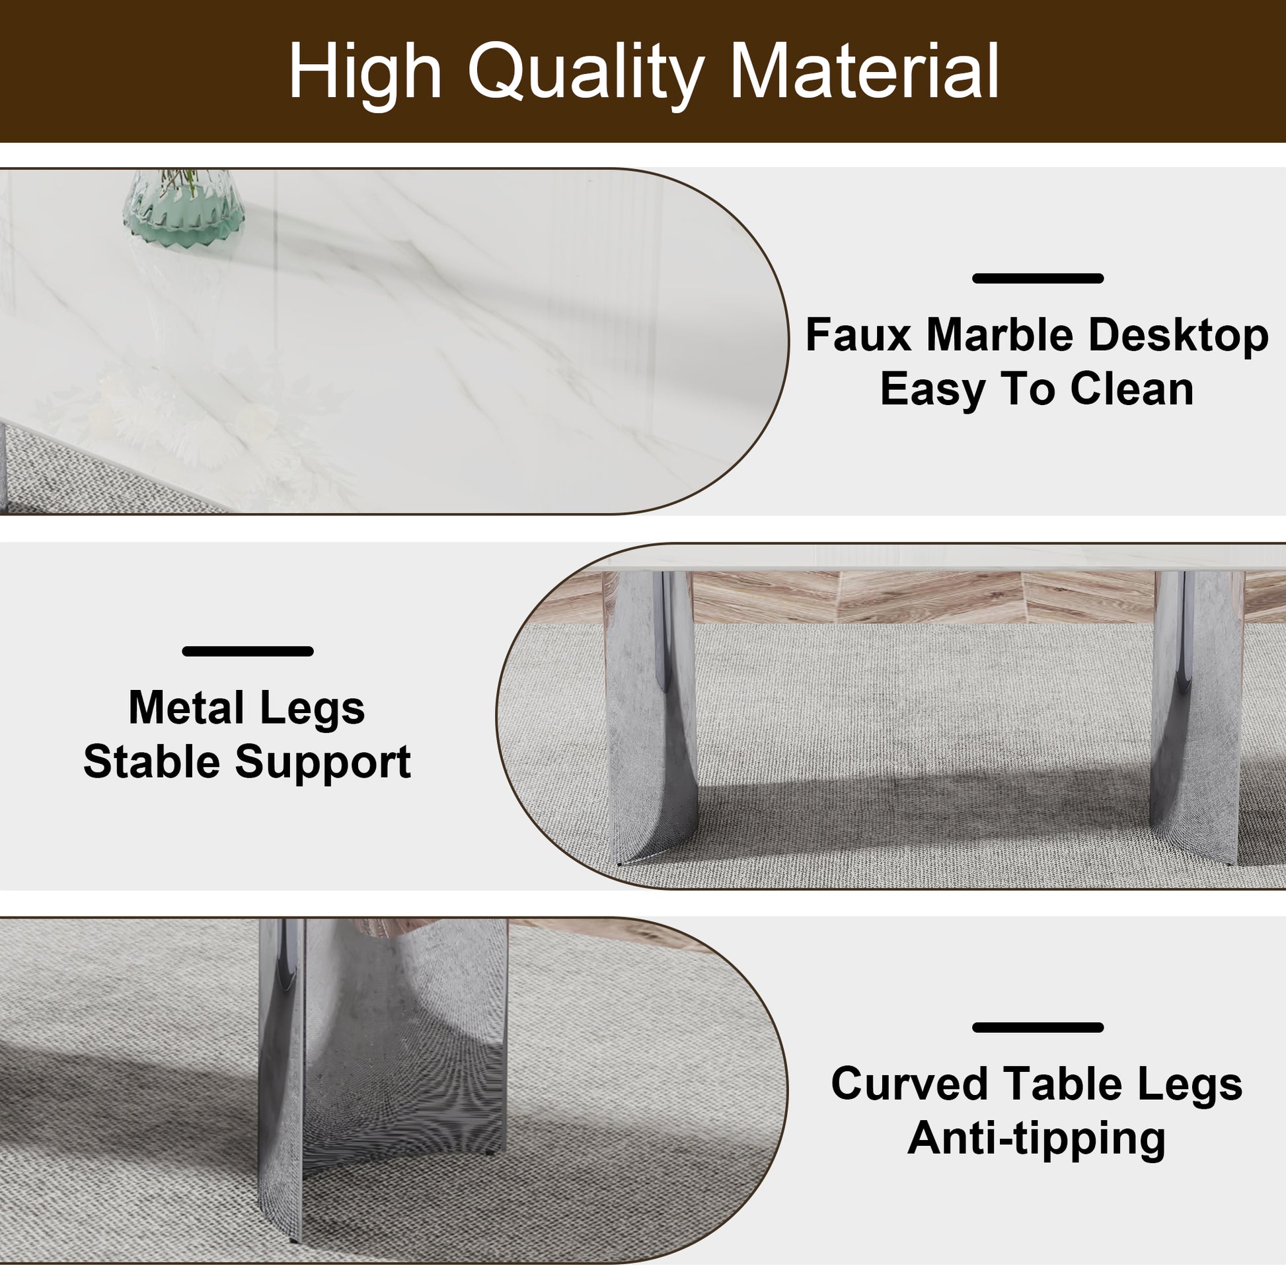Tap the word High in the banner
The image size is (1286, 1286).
pyautogui.click(x=365, y=72)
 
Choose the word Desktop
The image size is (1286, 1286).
pyautogui.click(x=1178, y=336)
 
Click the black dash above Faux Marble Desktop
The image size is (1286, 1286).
pyautogui.click(x=1038, y=278)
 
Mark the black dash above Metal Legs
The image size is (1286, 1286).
pyautogui.click(x=248, y=651)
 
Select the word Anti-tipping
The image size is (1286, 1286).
pyautogui.click(x=1036, y=1137)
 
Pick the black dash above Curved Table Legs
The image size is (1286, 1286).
pyautogui.click(x=1038, y=1028)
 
